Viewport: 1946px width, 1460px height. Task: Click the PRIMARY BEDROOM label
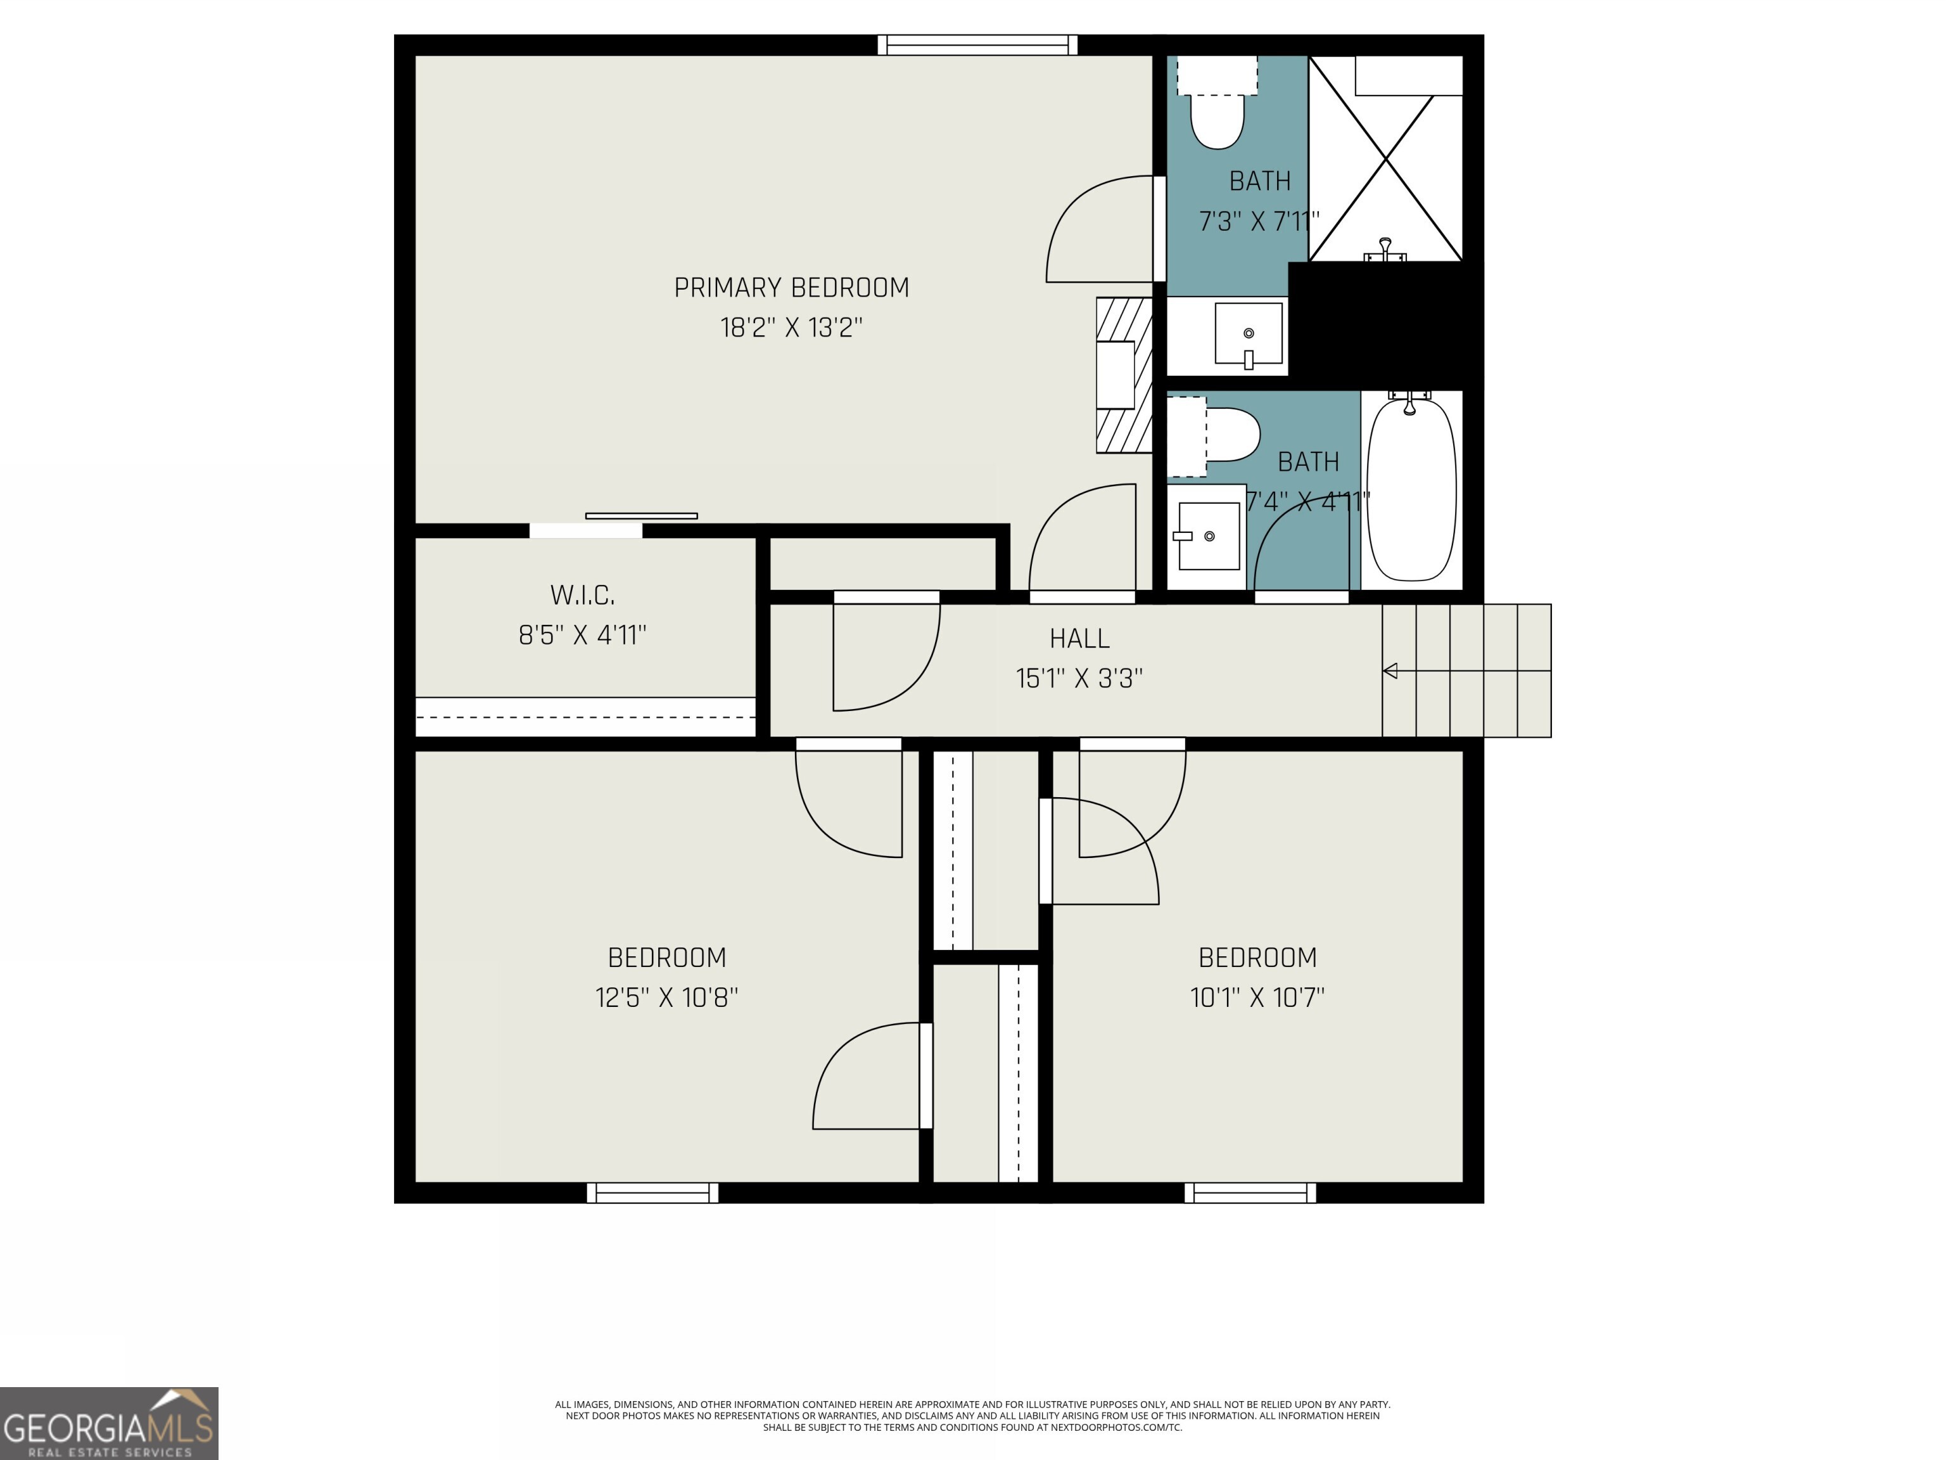click(791, 288)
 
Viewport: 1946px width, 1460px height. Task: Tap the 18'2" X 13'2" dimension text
click(791, 328)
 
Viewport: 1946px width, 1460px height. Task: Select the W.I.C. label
click(582, 595)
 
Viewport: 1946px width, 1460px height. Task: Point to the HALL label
click(1079, 638)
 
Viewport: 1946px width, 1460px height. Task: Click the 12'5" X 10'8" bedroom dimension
click(666, 997)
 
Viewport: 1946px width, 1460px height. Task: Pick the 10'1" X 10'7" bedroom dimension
click(1257, 997)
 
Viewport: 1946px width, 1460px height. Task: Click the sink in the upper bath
click(1249, 335)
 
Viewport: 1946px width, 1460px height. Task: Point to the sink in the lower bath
click(1208, 536)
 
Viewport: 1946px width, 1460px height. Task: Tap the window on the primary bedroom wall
click(977, 45)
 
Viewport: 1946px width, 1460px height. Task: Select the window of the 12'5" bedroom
click(652, 1193)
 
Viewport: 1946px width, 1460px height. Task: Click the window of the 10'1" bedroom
click(1250, 1193)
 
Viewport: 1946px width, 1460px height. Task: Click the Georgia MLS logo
click(109, 1423)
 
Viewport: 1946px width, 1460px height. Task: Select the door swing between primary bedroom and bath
click(1100, 231)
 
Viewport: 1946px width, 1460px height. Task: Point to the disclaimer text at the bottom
click(972, 1415)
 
